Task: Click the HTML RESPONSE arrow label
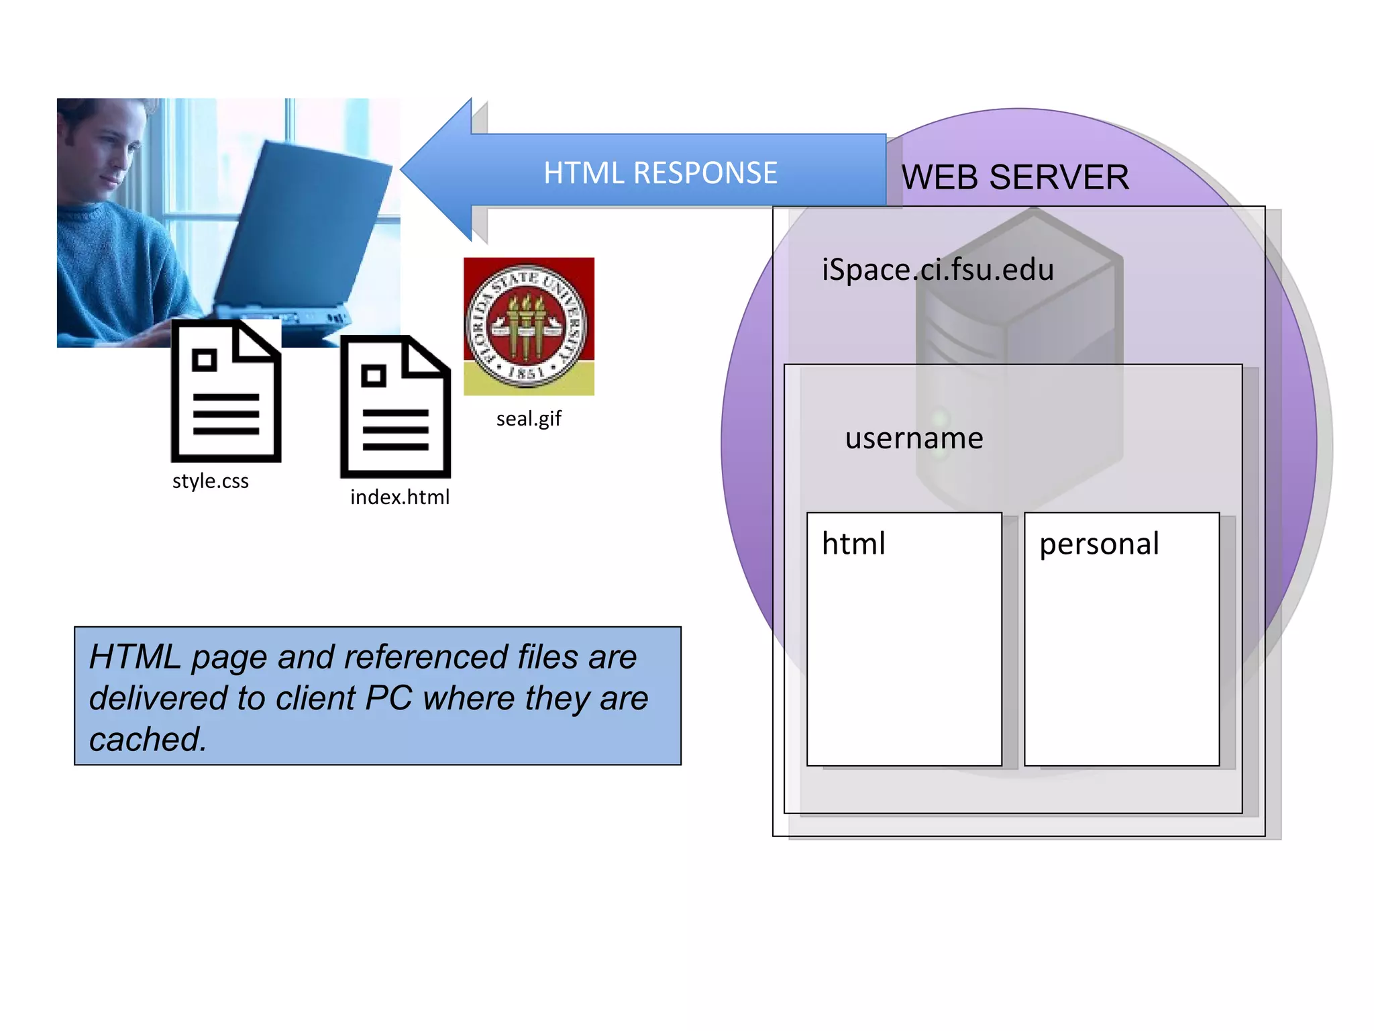(x=660, y=173)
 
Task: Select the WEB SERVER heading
(x=1014, y=178)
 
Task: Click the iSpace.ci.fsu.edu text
(x=938, y=270)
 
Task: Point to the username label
(x=914, y=438)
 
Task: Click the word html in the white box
(x=853, y=544)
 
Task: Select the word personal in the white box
(x=1099, y=544)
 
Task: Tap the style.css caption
(x=210, y=481)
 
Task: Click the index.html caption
(x=400, y=497)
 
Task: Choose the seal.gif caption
(x=529, y=419)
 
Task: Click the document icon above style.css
(x=226, y=391)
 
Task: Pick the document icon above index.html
(x=395, y=407)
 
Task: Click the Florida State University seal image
(x=529, y=326)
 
